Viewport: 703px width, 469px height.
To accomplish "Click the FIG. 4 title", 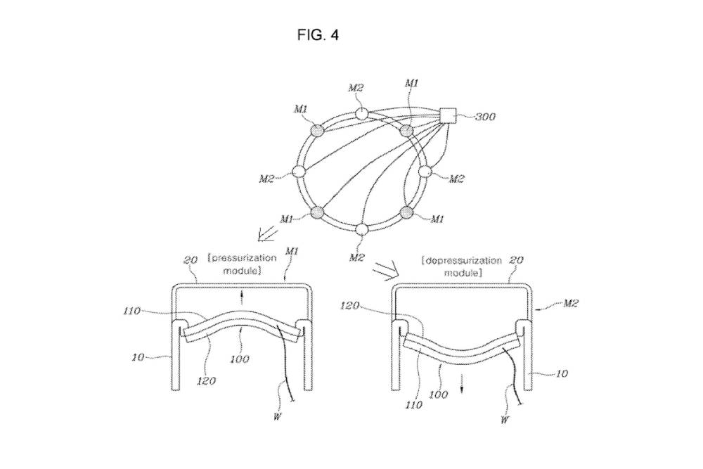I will pyautogui.click(x=318, y=34).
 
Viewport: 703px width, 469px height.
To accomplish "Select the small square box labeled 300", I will pyautogui.click(x=447, y=115).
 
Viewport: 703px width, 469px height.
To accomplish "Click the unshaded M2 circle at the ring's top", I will pyautogui.click(x=361, y=114).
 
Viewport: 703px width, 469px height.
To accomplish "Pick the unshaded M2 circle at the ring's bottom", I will pyautogui.click(x=361, y=229).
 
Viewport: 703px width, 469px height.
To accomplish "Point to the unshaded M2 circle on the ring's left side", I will pyautogui.click(x=298, y=172).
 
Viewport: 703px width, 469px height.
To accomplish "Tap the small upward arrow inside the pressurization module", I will pyautogui.click(x=242, y=296).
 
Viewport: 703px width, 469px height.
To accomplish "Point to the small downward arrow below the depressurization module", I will pyautogui.click(x=463, y=386).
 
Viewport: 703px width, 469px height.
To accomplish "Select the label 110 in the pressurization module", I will pyautogui.click(x=152, y=309).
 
